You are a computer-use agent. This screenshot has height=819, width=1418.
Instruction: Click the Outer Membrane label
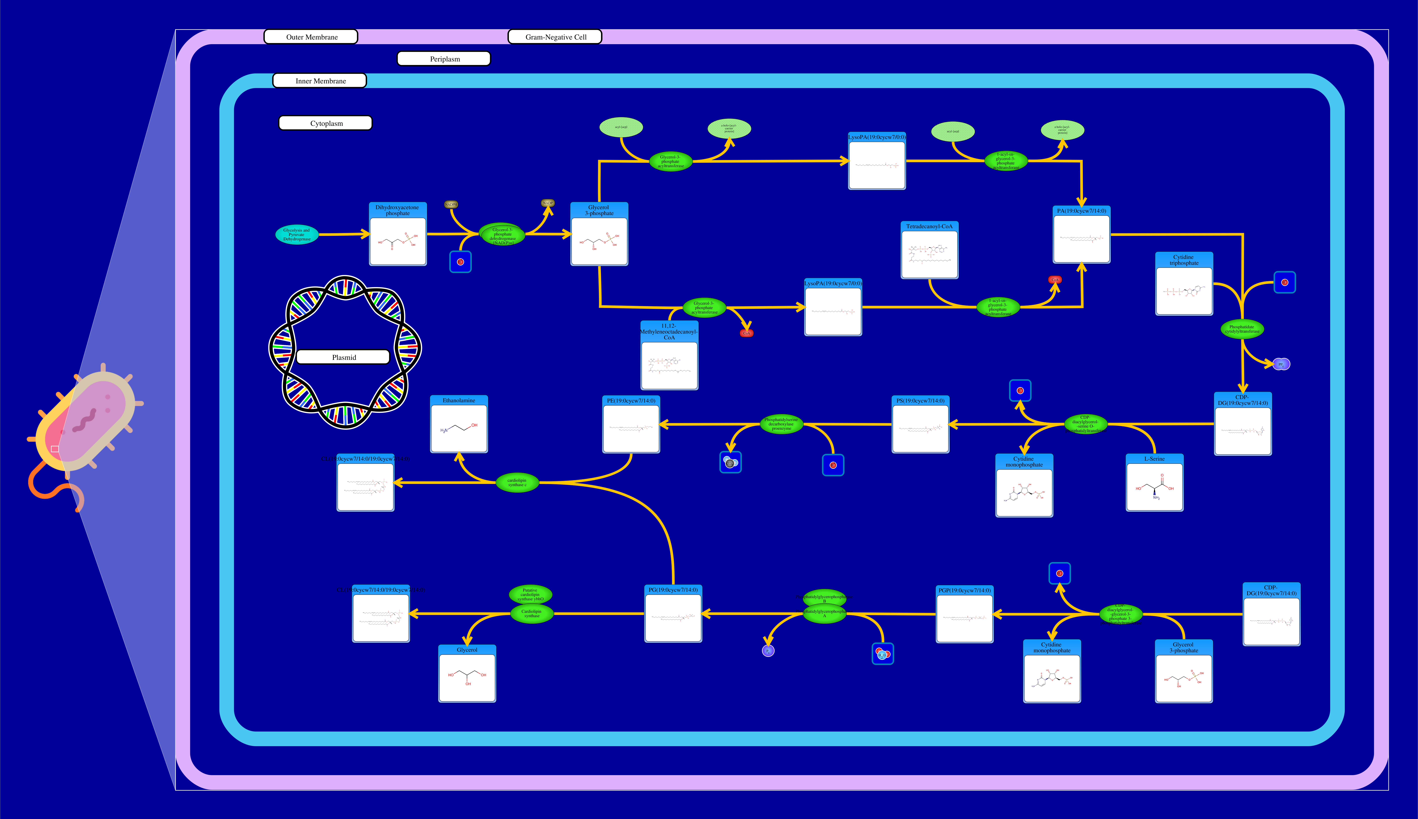pyautogui.click(x=311, y=37)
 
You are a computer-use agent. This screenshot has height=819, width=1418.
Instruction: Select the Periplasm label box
pyautogui.click(x=444, y=59)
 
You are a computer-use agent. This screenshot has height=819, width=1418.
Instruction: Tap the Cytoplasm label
pyautogui.click(x=325, y=123)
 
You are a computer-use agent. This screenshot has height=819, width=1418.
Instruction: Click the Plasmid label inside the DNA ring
pyautogui.click(x=343, y=357)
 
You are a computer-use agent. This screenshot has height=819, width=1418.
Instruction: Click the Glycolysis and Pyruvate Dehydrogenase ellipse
pyautogui.click(x=297, y=235)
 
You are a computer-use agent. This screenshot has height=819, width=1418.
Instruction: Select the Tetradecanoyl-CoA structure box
pyautogui.click(x=929, y=250)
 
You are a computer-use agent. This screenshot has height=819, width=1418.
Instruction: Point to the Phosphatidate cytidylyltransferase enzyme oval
pyautogui.click(x=1242, y=329)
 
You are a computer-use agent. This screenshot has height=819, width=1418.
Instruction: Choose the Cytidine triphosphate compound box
pyautogui.click(x=1184, y=284)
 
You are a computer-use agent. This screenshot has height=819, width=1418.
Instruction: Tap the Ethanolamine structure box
pyautogui.click(x=459, y=424)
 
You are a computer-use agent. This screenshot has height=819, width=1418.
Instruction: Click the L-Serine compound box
pyautogui.click(x=1154, y=483)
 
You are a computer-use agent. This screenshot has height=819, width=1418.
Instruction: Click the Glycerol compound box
pyautogui.click(x=467, y=673)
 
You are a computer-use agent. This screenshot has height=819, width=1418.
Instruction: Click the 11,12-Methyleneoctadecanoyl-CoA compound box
pyautogui.click(x=669, y=355)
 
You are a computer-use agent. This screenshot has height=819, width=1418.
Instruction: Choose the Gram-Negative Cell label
pyautogui.click(x=555, y=37)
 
